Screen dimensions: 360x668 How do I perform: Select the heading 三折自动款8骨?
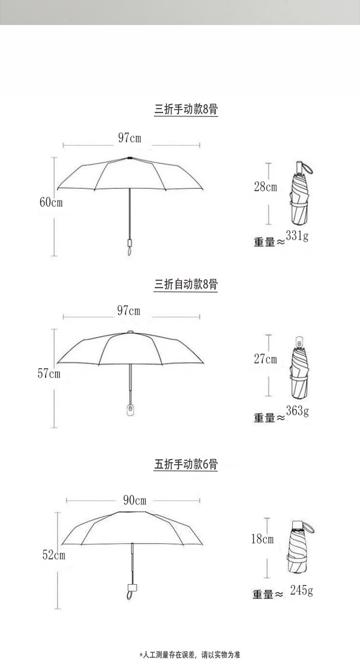186,285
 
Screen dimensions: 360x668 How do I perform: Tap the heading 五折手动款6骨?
186,464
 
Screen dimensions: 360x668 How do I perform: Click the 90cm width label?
134,500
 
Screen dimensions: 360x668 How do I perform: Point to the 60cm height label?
51,202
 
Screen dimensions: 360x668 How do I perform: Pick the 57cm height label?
49,374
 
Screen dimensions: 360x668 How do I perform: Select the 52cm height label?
54,555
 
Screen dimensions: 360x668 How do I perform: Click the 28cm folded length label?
265,186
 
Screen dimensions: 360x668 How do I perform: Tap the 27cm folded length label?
265,359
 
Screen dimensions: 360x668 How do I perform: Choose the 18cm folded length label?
262,539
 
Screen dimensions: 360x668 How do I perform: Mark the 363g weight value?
297,411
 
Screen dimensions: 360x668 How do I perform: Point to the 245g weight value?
301,591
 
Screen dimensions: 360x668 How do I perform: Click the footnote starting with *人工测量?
189,655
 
